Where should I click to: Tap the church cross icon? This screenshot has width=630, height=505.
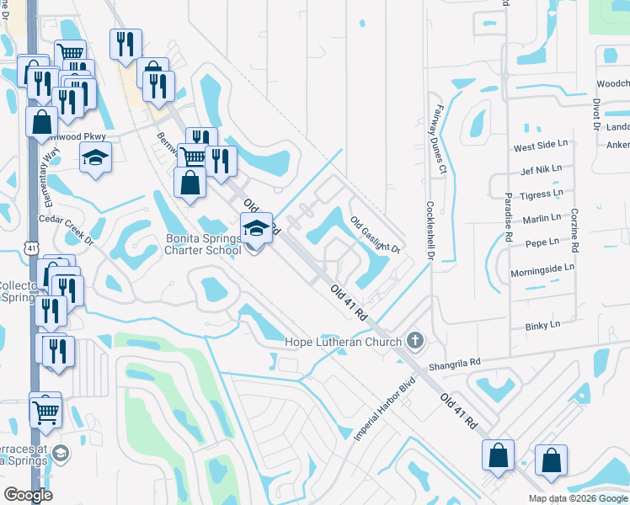point(414,341)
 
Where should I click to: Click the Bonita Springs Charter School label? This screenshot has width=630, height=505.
point(202,244)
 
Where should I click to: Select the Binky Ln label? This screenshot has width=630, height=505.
point(543,325)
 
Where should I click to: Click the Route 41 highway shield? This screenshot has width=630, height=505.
point(31,247)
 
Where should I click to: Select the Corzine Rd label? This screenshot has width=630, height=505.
point(574,230)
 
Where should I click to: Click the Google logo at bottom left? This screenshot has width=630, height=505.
point(29,495)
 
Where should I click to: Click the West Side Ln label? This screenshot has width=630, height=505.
point(537,147)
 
